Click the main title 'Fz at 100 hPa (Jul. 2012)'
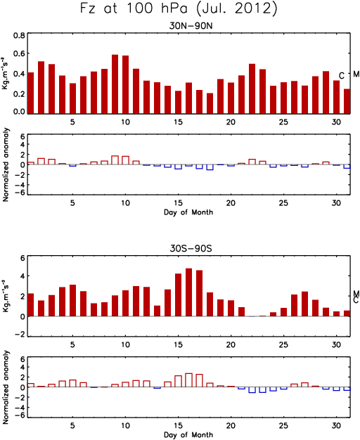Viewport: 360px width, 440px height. coord(179,8)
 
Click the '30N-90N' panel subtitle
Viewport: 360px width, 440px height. coord(191,26)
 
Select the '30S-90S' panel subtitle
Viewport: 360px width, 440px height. coord(191,249)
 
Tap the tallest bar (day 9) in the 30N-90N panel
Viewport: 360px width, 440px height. coord(115,84)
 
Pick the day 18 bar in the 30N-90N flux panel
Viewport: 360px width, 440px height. coord(210,103)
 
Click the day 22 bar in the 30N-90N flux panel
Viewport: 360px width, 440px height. coord(252,89)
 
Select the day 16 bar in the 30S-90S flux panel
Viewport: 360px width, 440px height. coord(188,292)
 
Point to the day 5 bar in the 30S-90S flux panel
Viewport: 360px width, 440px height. coord(72,301)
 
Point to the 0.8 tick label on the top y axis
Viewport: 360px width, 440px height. coord(20,36)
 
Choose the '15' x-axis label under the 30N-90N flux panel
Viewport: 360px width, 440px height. coord(178,122)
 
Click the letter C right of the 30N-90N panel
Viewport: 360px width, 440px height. coord(342,75)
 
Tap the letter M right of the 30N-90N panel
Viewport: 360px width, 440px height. coord(356,74)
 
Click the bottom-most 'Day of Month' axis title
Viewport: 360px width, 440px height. coord(188,434)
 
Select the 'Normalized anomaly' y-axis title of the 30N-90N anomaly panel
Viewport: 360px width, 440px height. coord(6,164)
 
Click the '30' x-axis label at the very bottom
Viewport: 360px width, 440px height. coord(336,426)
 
